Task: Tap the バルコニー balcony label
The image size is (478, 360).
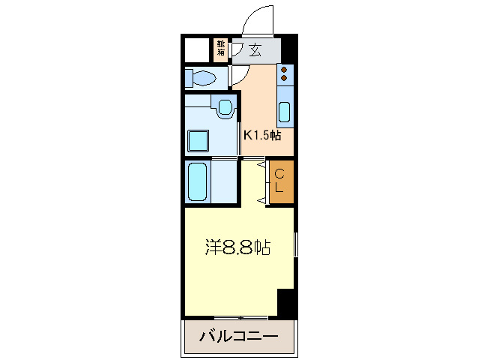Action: coord(238,337)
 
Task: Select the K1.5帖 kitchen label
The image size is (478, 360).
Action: coord(261,135)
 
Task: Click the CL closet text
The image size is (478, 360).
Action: coord(279,181)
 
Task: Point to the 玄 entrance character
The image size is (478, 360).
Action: coord(255,51)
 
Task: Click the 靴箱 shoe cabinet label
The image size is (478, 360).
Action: coord(221,49)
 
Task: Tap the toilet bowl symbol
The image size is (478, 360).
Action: coord(203,77)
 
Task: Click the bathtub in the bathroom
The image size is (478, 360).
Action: coord(198,181)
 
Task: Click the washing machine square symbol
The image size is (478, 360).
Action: coord(199,140)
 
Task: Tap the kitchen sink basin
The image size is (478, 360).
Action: coord(285,112)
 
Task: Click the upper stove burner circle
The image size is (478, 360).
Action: coord(285,69)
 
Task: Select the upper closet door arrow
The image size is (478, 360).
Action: coord(262,163)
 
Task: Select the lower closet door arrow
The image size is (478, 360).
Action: coord(262,199)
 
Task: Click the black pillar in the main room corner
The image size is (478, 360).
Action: coord(286,302)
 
